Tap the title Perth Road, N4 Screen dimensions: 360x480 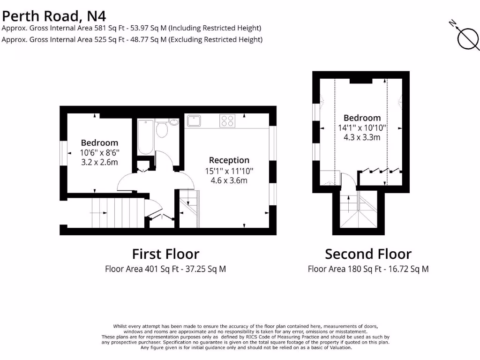pyautogui.click(x=53, y=16)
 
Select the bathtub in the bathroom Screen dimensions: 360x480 pyautogui.click(x=146, y=137)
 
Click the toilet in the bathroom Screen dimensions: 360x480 pyautogui.click(x=162, y=129)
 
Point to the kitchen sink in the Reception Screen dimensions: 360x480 pyautogui.click(x=194, y=121)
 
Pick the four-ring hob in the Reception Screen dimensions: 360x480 pyautogui.click(x=227, y=121)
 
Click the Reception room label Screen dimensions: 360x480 pyautogui.click(x=229, y=160)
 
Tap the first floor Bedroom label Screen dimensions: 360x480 pyautogui.click(x=99, y=142)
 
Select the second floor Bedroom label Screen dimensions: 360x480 pyautogui.click(x=362, y=118)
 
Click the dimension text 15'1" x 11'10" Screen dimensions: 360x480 pyautogui.click(x=229, y=171)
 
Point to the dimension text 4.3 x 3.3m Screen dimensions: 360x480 pyautogui.click(x=362, y=137)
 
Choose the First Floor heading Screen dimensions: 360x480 pyautogui.click(x=165, y=254)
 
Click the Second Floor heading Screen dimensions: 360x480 pyautogui.click(x=368, y=254)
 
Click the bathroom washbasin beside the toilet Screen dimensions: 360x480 pyautogui.click(x=174, y=123)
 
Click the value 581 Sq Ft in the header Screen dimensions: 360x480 pyautogui.click(x=108, y=28)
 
